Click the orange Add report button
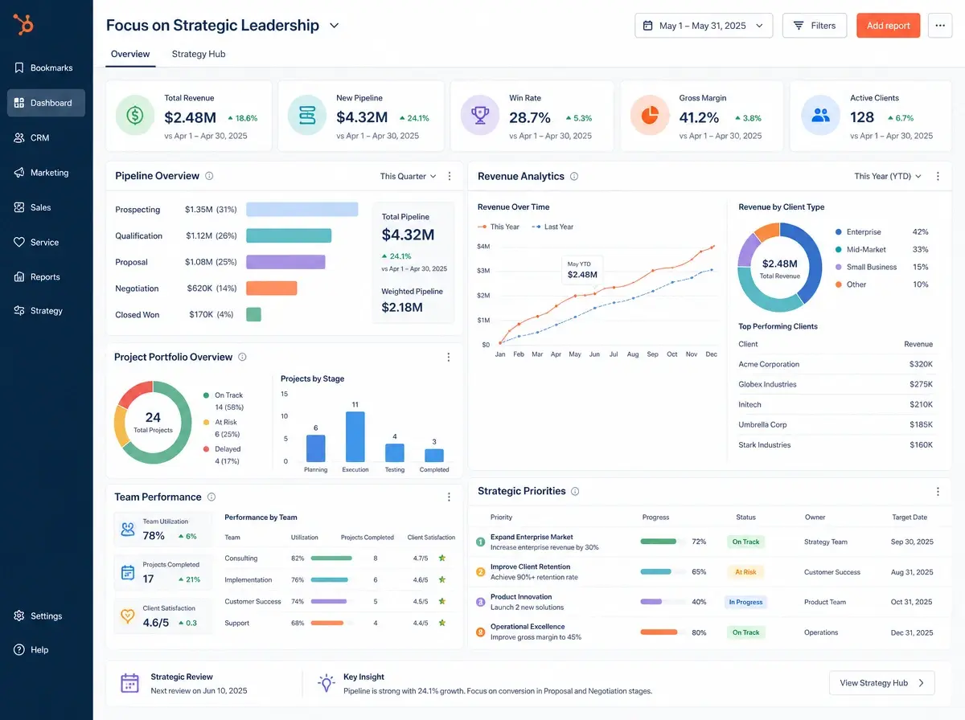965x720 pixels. pos(888,26)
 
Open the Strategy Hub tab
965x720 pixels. pos(199,54)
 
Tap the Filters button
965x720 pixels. pos(814,26)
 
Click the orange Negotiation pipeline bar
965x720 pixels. pos(271,288)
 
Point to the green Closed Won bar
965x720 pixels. pos(253,314)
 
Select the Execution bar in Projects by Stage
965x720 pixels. pos(355,436)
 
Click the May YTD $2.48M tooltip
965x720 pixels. pos(581,270)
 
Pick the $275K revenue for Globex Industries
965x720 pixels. pos(921,384)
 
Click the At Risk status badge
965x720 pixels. pos(745,572)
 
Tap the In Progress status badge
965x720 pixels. pos(745,602)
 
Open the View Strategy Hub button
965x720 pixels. pos(881,683)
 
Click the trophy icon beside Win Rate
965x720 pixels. pos(479,116)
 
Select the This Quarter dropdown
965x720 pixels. pos(408,176)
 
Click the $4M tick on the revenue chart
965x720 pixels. pos(483,247)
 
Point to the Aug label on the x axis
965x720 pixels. pos(632,354)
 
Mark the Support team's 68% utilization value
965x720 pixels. pos(298,623)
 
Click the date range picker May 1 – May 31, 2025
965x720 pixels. pos(703,26)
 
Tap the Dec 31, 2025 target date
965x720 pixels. pos(911,632)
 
